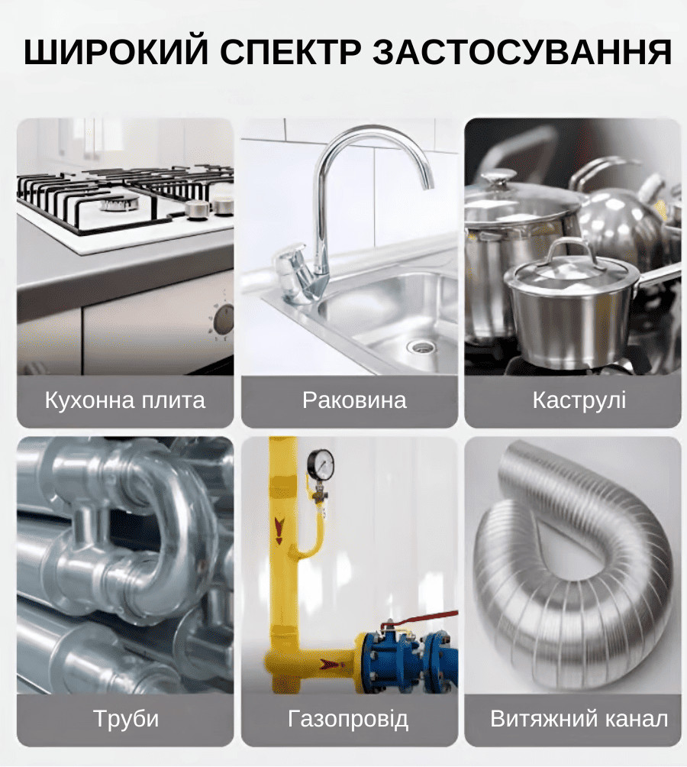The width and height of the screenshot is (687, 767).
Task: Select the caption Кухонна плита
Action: point(125,400)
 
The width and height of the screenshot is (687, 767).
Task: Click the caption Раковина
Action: point(354,400)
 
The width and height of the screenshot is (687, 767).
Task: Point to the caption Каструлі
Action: point(579,400)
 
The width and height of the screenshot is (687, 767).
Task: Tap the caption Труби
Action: point(126,719)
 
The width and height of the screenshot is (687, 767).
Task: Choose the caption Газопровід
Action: point(348,719)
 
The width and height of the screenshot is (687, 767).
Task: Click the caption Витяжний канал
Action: point(579,719)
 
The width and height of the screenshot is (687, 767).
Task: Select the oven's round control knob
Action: point(224,318)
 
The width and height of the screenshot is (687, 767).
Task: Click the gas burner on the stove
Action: point(119,202)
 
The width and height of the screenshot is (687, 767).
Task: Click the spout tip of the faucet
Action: point(429,186)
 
